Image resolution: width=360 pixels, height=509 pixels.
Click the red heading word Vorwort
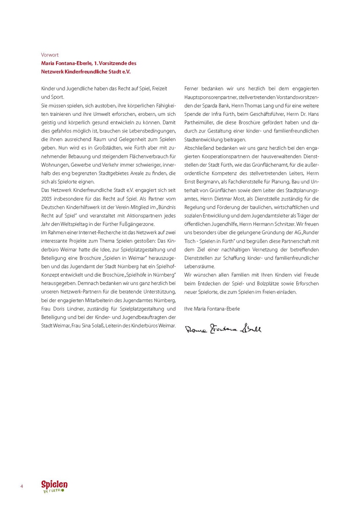point(50,55)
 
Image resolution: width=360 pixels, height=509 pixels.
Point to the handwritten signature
point(223,329)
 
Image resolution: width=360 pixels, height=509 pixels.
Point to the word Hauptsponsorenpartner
point(209,97)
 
